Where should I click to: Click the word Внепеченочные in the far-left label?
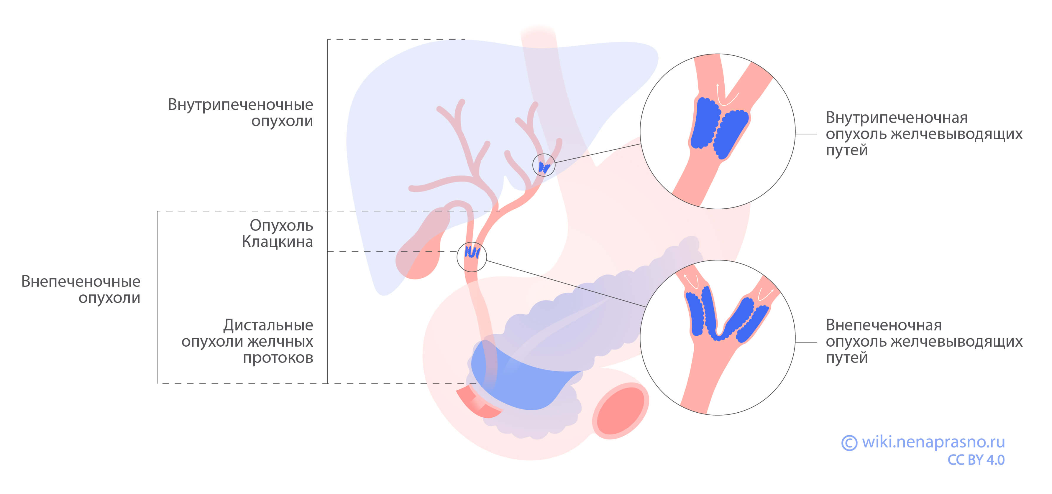81,281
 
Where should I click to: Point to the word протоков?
278,358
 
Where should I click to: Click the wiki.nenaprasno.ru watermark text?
933,442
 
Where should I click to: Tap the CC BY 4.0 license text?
976,460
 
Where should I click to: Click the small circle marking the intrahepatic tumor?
544,165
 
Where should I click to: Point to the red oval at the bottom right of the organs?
620,411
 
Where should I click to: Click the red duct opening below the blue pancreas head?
476,404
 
